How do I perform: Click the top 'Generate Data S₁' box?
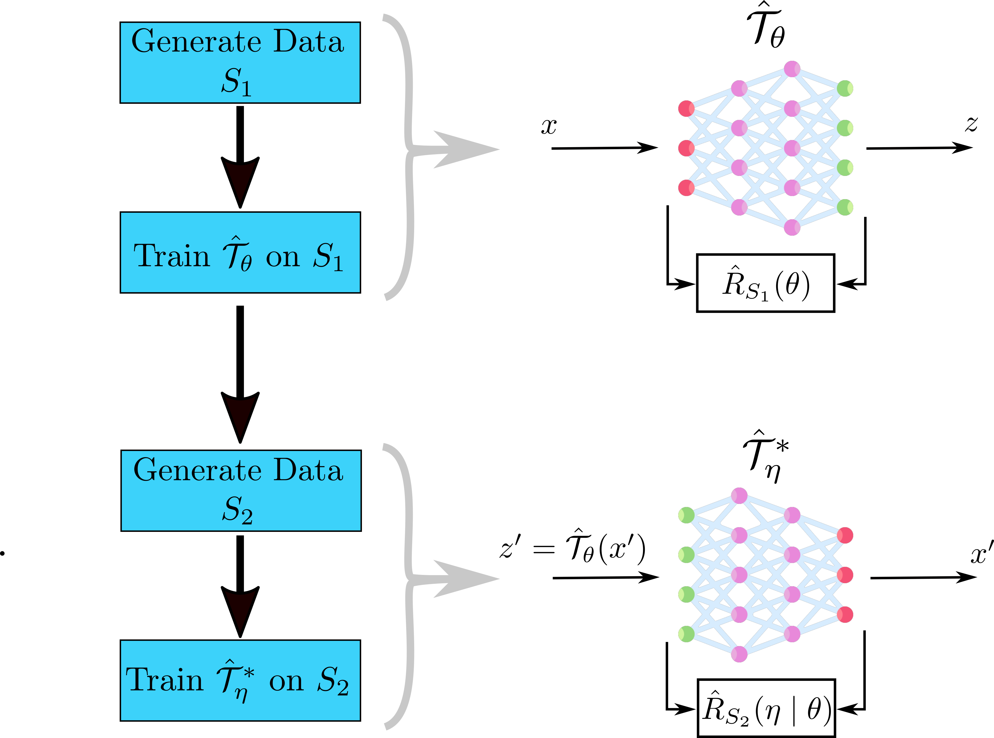[x=240, y=63]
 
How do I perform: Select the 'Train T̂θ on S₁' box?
[x=240, y=252]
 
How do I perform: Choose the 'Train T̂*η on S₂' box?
[x=240, y=680]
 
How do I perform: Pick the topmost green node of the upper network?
[x=845, y=88]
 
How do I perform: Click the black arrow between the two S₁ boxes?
[x=240, y=156]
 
